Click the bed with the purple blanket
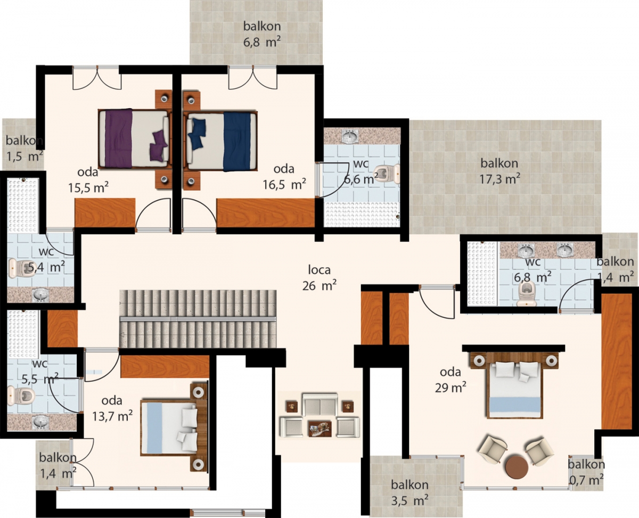[134, 138]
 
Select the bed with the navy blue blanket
[220, 141]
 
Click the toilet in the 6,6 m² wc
[387, 174]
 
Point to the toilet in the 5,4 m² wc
[20, 268]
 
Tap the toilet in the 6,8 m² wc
[527, 294]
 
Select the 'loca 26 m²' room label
[319, 278]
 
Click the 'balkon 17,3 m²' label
[499, 171]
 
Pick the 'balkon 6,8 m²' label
[262, 34]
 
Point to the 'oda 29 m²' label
[450, 380]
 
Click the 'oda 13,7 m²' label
[112, 408]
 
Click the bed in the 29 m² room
[514, 385]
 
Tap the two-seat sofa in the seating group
[321, 405]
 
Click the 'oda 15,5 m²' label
[88, 180]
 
